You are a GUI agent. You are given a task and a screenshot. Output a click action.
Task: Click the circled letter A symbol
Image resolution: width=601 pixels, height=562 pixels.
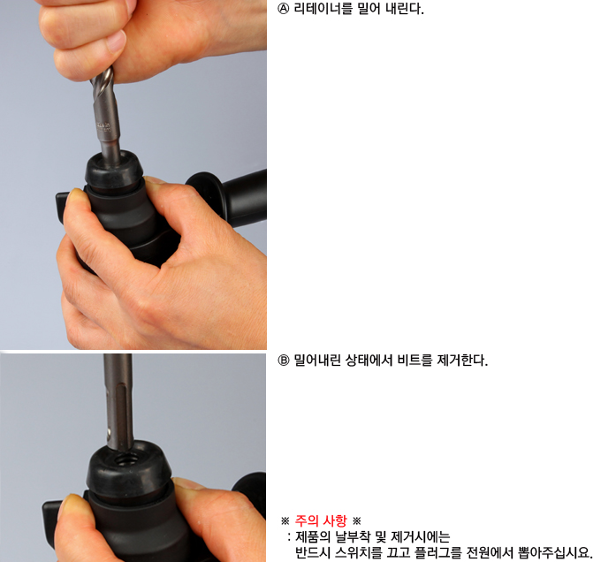pos(283,9)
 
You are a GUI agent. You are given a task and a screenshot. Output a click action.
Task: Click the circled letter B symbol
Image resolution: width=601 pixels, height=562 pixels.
pos(283,361)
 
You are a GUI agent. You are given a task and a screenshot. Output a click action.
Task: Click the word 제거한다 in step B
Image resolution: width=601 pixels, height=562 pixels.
pos(462,361)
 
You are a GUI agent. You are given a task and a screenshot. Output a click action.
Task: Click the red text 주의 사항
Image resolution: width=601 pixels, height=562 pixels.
pos(321,521)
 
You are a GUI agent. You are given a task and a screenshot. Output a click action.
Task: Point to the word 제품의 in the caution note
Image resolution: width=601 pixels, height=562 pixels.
pos(313,536)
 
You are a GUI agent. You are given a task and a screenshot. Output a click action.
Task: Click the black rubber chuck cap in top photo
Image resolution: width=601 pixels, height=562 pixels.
pos(114,170)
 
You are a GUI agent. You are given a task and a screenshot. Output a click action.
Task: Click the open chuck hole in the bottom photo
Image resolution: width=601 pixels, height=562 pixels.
pos(128,458)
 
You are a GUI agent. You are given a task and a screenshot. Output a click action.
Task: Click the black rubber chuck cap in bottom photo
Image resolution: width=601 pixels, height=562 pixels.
pos(129,470)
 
